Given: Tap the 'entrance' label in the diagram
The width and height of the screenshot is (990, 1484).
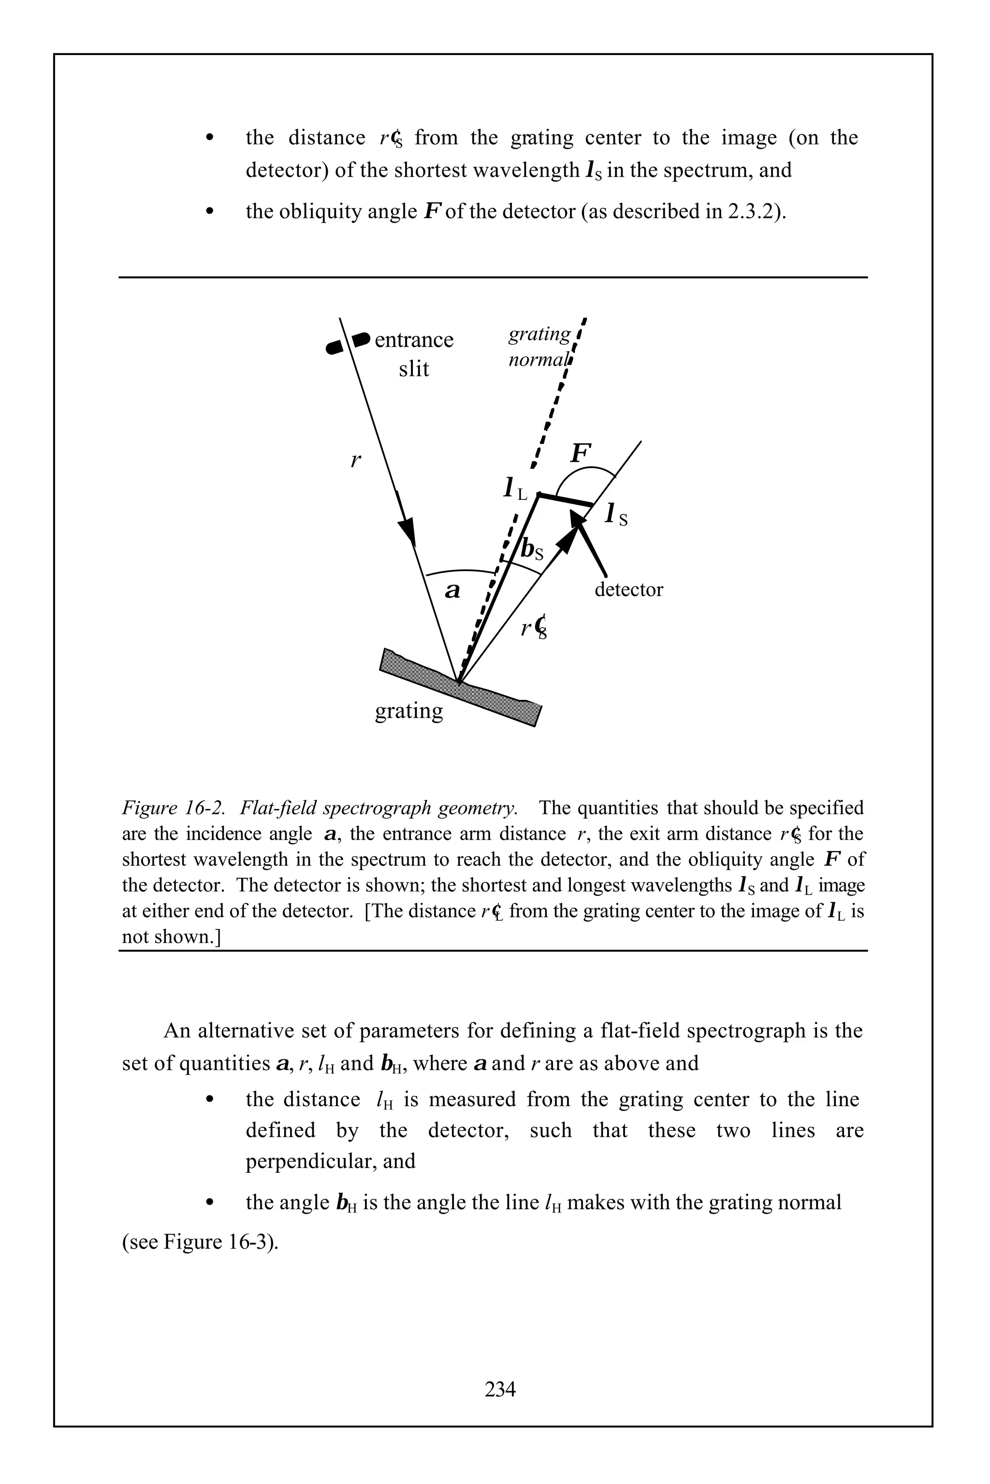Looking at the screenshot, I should (414, 340).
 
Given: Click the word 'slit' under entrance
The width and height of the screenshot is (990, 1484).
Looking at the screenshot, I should (414, 369).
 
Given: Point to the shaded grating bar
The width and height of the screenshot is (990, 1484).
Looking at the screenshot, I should (461, 687).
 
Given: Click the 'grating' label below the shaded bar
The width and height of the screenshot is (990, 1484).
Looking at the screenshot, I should (408, 711).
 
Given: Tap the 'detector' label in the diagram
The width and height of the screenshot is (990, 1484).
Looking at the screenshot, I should (628, 589).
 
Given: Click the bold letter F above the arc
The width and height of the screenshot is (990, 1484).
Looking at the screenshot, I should (581, 453).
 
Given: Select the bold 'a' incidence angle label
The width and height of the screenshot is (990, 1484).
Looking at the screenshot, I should (452, 591).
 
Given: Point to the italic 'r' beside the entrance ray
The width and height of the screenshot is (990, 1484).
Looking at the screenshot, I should (355, 460).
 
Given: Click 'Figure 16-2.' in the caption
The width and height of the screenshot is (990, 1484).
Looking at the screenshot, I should (174, 808).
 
